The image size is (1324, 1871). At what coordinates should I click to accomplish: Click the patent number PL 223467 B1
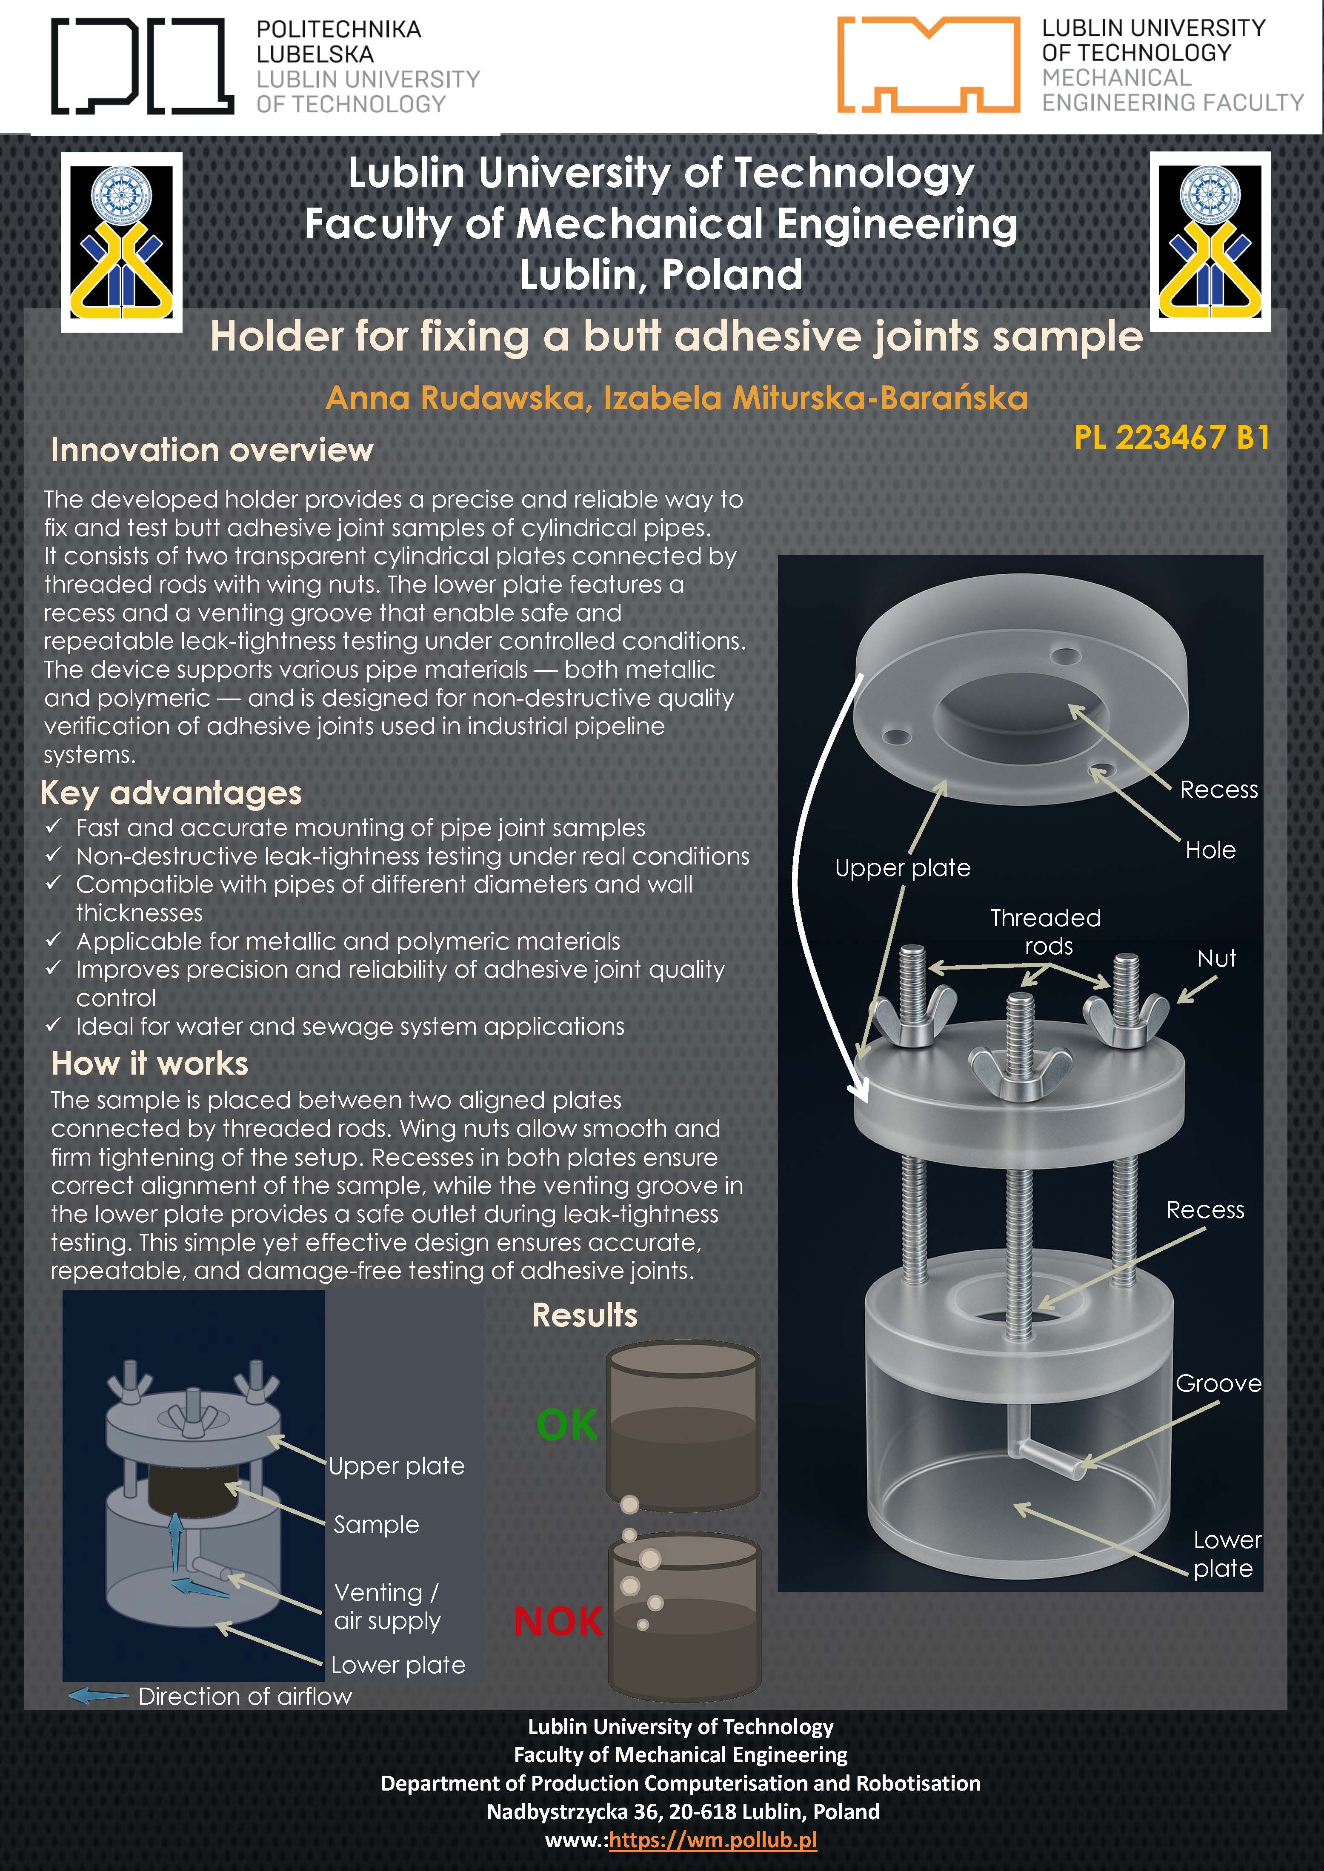[1172, 438]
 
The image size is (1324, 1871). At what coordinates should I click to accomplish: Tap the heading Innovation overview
[212, 450]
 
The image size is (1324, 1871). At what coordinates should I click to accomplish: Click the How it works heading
[150, 1064]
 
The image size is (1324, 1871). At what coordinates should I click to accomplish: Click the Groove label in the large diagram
[1218, 1383]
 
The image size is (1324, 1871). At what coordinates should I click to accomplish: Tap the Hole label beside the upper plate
[1211, 850]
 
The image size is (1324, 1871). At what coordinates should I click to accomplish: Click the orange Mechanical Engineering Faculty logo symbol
[929, 64]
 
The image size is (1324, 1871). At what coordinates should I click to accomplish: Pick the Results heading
[585, 1315]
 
